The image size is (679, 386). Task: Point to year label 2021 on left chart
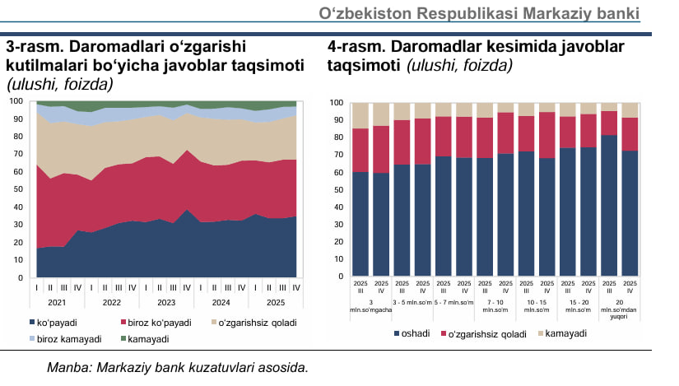[57, 301]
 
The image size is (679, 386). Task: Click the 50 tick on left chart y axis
[16, 189]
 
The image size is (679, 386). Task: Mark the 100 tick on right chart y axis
[336, 103]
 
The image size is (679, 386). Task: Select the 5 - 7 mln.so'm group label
[454, 303]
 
